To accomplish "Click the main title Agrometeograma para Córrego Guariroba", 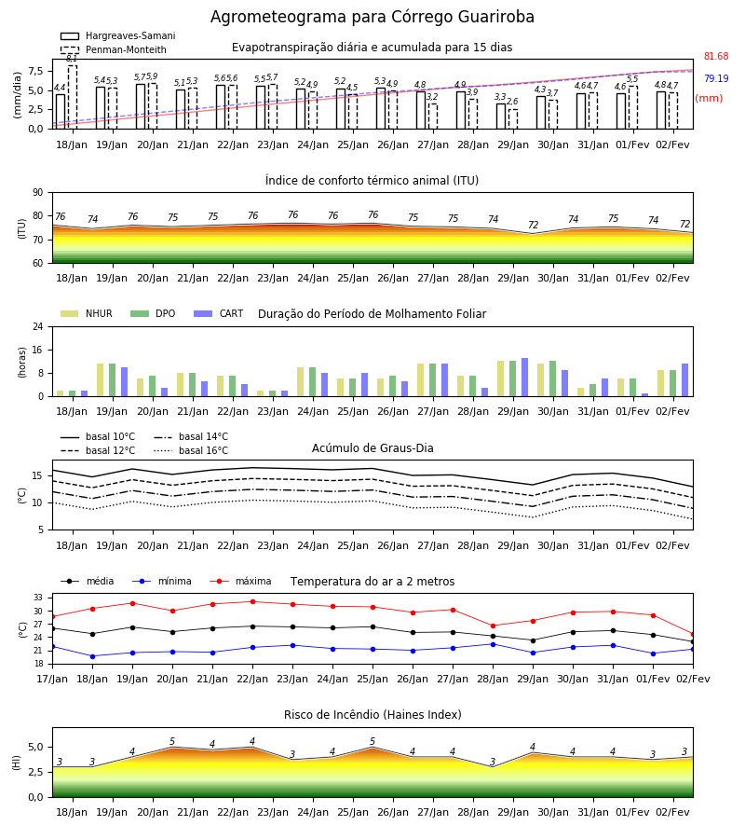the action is tap(372, 17).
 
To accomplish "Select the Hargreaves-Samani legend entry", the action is tap(118, 35).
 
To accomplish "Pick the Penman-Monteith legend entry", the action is tap(114, 49).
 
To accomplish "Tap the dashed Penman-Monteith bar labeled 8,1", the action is tap(72, 97).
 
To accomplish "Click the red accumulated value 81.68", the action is tap(716, 56).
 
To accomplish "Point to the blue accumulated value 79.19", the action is tap(716, 78).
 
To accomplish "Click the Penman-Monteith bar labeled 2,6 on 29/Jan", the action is tap(513, 118).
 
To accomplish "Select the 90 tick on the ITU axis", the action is tap(38, 193).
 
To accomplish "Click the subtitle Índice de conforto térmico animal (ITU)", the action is tap(372, 180).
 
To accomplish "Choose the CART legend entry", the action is tap(219, 313).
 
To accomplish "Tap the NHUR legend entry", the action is tap(87, 313).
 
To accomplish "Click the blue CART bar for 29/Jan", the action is tap(525, 378).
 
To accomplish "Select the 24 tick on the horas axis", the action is tap(38, 326).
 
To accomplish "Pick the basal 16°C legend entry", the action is tap(191, 450).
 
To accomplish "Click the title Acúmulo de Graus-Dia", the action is tap(372, 447).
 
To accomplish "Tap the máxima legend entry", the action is tap(240, 581).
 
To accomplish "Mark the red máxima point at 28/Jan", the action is tap(493, 626).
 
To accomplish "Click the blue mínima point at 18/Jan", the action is tap(92, 656).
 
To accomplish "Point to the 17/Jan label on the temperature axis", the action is tap(52, 679).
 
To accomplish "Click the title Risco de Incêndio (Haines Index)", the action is tap(372, 715).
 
